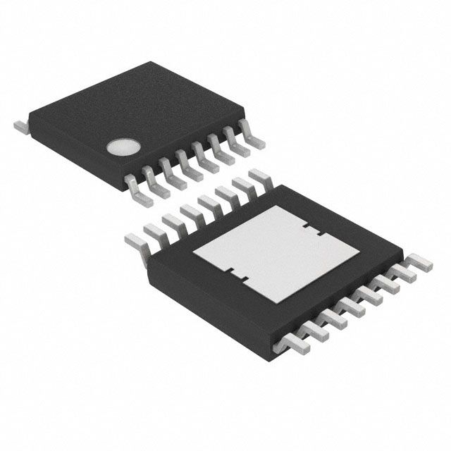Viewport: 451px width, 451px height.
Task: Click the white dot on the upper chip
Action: pos(121,147)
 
